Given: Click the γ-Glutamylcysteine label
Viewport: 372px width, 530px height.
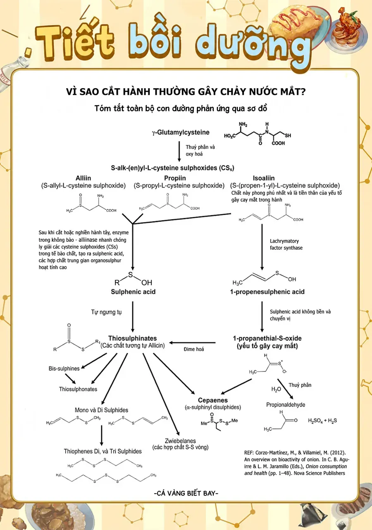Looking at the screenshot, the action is (181, 132).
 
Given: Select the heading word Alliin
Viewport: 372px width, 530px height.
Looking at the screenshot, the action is (83, 178).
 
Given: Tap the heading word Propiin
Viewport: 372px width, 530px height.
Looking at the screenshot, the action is (175, 178).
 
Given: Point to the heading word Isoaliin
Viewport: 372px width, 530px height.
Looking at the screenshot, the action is (264, 178).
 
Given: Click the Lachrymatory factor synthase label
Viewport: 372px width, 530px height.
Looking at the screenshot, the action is (286, 244).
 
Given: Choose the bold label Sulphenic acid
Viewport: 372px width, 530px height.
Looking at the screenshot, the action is (133, 292).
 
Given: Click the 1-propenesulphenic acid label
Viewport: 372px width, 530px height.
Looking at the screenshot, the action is (267, 292).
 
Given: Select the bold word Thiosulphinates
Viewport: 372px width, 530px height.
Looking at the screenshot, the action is (133, 338).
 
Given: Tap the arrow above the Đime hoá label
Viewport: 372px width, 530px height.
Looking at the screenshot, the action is (192, 342).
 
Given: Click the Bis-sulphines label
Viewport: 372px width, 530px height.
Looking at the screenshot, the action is (64, 369).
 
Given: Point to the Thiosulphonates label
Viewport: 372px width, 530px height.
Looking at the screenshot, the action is (78, 389).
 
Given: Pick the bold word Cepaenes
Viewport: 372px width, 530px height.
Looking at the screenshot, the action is (213, 400).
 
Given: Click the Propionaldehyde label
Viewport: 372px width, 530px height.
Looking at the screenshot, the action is (286, 405).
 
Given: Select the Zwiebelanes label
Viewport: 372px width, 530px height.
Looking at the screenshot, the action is (180, 441).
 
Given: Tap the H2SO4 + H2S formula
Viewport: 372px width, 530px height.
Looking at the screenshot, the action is (322, 420).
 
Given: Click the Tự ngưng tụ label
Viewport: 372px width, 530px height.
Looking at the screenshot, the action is (106, 312).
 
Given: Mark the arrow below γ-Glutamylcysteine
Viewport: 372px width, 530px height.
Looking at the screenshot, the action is (179, 152).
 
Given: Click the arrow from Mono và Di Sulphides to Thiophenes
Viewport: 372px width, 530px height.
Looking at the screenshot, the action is (102, 435).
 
